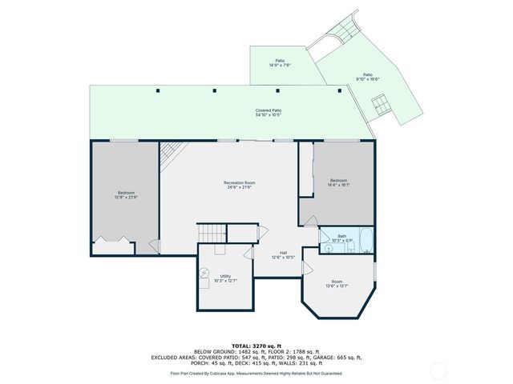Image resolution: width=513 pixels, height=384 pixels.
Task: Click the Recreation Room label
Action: click(x=239, y=185)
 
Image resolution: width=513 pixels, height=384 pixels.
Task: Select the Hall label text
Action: click(x=284, y=254)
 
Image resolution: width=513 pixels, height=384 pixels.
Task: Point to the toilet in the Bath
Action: click(x=329, y=249)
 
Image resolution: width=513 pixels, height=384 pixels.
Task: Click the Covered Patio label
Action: click(x=269, y=113)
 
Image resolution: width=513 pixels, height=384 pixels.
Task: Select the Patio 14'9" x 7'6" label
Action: click(x=280, y=62)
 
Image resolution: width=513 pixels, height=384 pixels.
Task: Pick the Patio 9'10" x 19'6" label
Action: click(x=368, y=77)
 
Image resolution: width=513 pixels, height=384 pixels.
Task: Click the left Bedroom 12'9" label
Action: click(x=127, y=194)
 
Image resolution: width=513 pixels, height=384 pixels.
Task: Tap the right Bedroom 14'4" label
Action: click(x=339, y=183)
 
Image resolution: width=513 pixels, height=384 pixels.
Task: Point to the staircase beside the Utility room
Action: click(x=212, y=233)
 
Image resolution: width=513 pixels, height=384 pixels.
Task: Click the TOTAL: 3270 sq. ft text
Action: click(x=256, y=345)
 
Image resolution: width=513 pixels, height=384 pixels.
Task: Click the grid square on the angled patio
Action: click(x=382, y=102)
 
